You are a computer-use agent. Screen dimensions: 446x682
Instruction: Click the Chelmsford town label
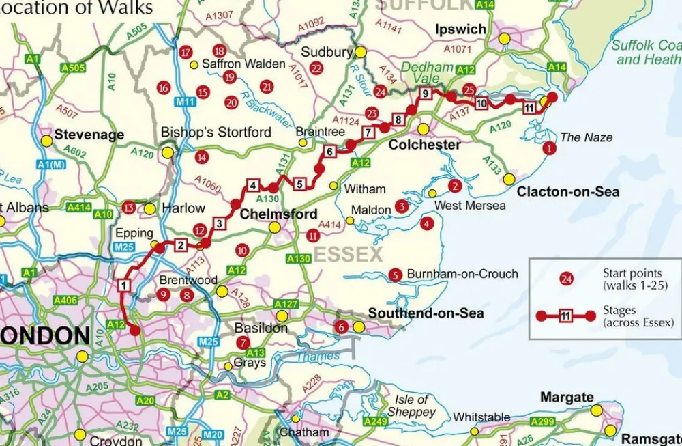click(x=278, y=214)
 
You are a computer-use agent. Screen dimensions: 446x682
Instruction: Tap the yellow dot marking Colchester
click(x=423, y=129)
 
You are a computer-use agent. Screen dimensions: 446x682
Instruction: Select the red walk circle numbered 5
click(x=395, y=275)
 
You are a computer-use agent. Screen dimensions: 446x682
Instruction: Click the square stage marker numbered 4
click(x=252, y=185)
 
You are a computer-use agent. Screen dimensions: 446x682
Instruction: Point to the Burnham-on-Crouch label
click(x=462, y=275)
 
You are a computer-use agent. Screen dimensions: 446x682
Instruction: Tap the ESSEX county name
click(x=349, y=255)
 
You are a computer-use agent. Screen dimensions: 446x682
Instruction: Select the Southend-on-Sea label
click(x=426, y=313)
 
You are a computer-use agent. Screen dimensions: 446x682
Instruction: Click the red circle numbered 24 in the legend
click(x=565, y=279)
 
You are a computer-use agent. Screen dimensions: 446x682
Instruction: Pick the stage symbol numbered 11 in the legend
click(x=565, y=316)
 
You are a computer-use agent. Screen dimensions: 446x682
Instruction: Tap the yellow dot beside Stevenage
click(x=46, y=140)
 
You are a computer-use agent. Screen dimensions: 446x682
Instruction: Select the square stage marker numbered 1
click(x=124, y=285)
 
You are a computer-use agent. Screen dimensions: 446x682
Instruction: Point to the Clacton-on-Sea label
click(x=567, y=192)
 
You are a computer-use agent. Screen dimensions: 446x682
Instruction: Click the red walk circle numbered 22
click(x=315, y=68)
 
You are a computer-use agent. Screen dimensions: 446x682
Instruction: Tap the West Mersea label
click(x=471, y=206)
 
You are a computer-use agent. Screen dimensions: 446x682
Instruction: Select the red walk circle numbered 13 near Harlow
click(x=128, y=208)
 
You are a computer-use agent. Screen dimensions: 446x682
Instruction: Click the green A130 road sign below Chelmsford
click(x=299, y=259)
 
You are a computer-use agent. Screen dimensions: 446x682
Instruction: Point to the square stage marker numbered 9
click(x=425, y=94)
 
